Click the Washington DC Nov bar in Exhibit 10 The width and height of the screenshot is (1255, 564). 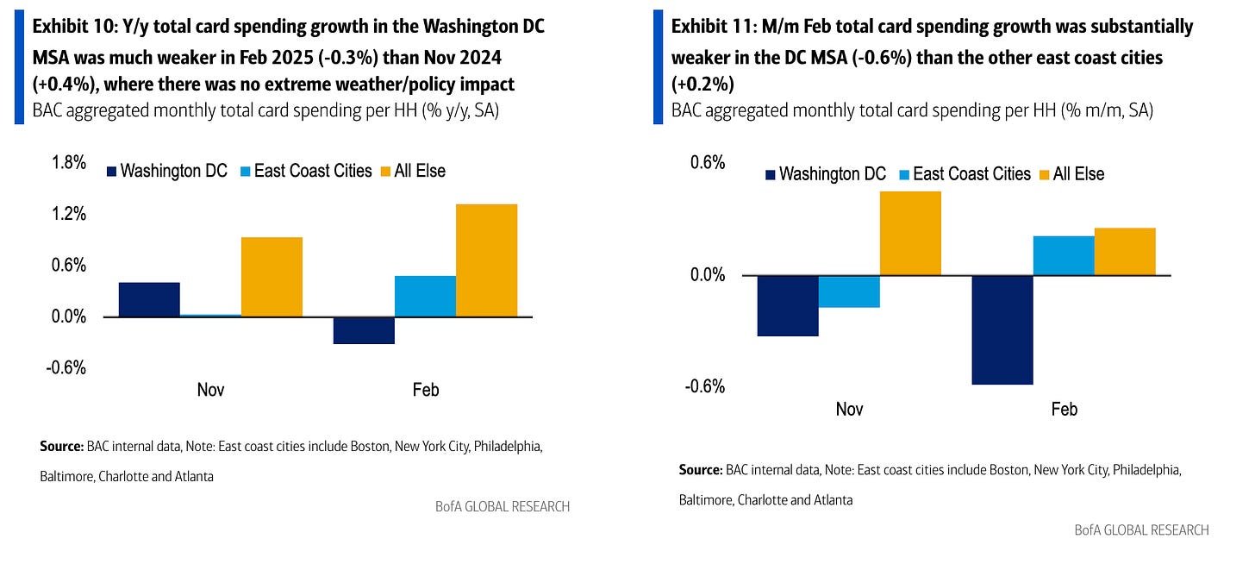coord(149,299)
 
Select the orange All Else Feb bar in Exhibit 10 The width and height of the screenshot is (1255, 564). coord(486,260)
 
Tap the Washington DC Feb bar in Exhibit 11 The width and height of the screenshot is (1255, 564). coord(1002,329)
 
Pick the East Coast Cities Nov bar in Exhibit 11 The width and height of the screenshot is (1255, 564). coord(849,291)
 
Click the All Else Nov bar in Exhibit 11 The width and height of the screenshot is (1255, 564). coord(910,233)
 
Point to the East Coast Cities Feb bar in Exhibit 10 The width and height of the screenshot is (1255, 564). coord(425,296)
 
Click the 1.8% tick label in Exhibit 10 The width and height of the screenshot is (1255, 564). coord(68,163)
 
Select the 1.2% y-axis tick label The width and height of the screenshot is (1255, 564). coord(68,214)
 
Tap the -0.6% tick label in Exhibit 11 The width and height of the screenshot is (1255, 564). coord(704,385)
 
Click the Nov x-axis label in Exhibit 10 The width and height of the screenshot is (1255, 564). coord(210,390)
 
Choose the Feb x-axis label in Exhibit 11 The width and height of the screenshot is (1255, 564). coord(1064,410)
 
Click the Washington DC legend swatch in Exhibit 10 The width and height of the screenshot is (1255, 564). coord(110,171)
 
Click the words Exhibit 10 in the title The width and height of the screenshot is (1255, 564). coord(68,27)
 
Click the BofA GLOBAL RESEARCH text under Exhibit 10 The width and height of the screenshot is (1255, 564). coord(503,506)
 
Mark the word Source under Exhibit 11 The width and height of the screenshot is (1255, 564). coord(699,471)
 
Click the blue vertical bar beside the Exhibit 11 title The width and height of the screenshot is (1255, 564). coord(659,66)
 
